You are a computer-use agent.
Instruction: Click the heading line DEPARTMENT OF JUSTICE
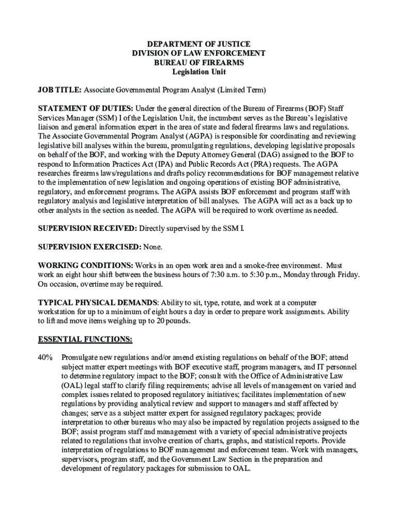[x=198, y=44]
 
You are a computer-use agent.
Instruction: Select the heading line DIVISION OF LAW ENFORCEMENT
[x=198, y=53]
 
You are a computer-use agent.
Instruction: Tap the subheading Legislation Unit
[x=198, y=72]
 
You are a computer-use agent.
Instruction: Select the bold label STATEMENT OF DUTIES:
[x=86, y=108]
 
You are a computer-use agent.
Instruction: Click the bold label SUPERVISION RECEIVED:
[x=87, y=229]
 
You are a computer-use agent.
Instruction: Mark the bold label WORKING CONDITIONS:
[x=84, y=266]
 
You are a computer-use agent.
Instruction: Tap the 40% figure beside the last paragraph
[x=45, y=358]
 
